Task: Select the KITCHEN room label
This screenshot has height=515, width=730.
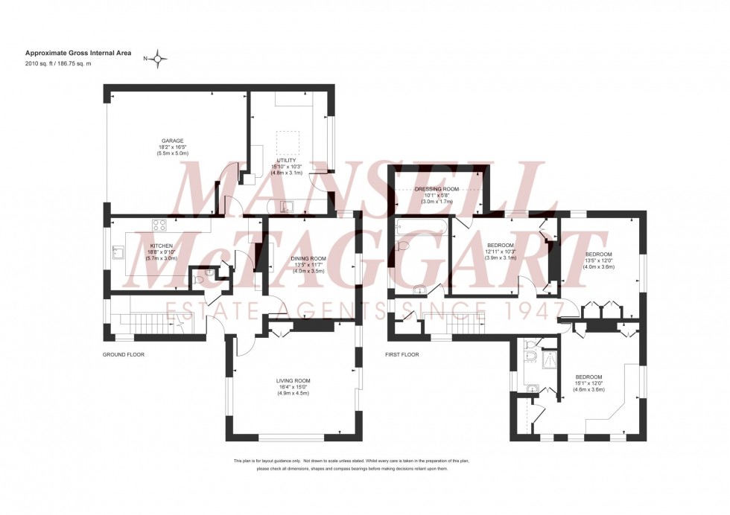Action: (x=162, y=246)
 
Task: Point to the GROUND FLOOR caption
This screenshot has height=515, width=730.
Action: (x=124, y=355)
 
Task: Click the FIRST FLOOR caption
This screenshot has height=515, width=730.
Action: (x=401, y=355)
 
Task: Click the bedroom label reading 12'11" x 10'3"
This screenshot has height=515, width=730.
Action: (x=500, y=252)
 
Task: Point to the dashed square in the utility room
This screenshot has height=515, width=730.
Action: (x=288, y=141)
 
